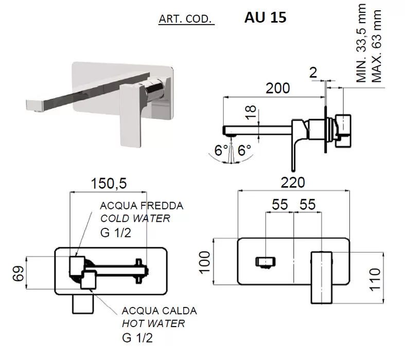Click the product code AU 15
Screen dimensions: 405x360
(265, 17)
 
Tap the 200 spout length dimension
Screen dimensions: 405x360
(278, 88)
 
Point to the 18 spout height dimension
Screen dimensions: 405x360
(251, 112)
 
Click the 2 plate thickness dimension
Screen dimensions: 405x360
(313, 73)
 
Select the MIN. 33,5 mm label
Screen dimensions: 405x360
(361, 43)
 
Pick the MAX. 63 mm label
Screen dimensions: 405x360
(376, 46)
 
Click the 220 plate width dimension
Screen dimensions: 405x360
(293, 183)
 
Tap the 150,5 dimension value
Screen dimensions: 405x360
(109, 184)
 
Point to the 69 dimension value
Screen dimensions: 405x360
(19, 273)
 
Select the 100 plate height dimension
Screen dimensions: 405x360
(205, 262)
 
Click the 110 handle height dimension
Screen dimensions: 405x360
(375, 280)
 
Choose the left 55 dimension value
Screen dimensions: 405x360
(280, 204)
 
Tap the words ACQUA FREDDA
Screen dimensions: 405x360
(142, 206)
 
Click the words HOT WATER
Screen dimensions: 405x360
(153, 323)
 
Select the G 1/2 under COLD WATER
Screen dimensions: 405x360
(115, 233)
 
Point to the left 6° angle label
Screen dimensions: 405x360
(221, 151)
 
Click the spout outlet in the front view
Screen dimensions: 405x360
(265, 262)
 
